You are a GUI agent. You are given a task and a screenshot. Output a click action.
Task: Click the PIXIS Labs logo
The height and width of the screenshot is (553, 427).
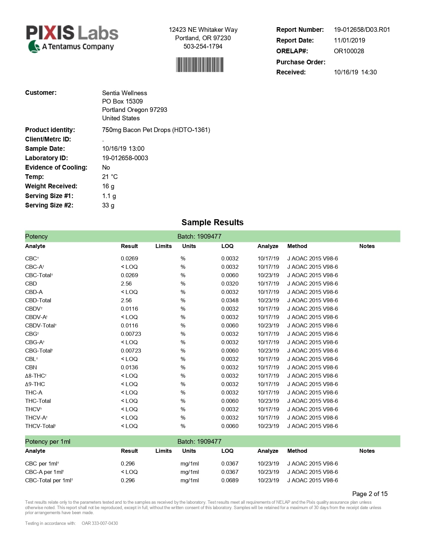coord(72,39)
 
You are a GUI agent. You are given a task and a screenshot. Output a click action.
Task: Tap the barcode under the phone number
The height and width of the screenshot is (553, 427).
coord(200,65)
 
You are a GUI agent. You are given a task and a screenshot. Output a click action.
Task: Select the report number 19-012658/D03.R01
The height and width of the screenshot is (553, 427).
coord(362,29)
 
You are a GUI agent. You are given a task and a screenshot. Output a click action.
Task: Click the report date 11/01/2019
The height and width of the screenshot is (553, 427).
coord(349,40)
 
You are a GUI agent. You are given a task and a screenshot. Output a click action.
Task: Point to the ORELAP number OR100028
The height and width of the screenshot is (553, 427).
coord(349,51)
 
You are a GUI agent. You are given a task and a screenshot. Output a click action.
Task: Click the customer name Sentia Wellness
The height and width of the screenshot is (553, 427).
coord(125,93)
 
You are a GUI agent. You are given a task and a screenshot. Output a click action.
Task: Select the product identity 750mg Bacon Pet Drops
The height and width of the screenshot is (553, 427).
coord(156,130)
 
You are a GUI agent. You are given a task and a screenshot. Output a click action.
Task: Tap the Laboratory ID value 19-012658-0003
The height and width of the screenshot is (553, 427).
coord(125,158)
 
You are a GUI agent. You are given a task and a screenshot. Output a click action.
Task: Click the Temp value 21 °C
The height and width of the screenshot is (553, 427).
coord(110,177)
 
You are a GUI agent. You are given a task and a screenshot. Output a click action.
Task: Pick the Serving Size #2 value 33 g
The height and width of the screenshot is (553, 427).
coord(108,205)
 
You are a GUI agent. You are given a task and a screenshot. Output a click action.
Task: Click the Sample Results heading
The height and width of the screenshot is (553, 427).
coord(212,222)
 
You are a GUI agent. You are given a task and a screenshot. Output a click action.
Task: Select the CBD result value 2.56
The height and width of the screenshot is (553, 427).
coord(126,284)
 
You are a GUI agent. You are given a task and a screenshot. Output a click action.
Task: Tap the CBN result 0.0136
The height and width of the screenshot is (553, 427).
coord(129,367)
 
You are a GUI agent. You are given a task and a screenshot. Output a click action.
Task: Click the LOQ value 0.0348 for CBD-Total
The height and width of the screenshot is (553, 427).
coord(230,300)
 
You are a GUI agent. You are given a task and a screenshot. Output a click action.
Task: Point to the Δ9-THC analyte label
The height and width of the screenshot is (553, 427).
coord(35,384)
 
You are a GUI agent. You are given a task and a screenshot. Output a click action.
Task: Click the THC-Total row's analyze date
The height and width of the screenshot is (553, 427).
coord(268,401)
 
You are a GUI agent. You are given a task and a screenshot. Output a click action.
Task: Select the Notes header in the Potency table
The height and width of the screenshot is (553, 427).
coord(367,246)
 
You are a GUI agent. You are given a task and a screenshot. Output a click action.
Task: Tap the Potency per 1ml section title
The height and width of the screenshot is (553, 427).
coord(48,441)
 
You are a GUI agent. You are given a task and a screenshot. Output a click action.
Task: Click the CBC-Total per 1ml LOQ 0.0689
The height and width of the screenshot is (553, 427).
coord(230,480)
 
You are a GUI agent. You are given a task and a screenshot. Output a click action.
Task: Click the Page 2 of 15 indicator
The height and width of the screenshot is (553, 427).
coord(370,494)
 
